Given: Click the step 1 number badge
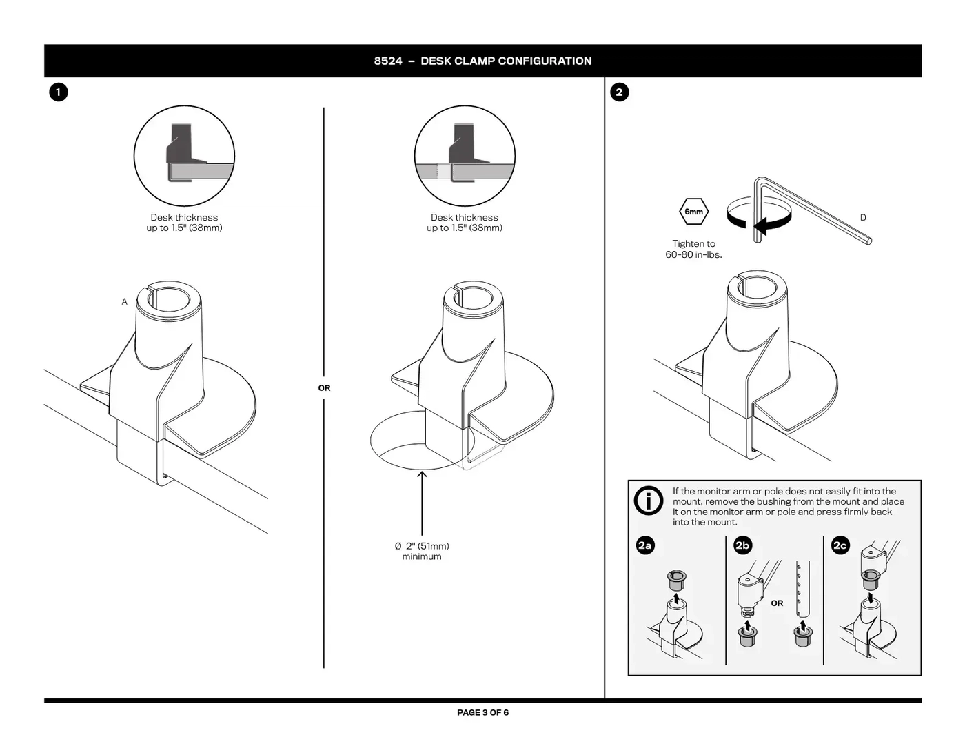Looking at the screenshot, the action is [x=58, y=92].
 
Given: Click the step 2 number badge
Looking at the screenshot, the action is [x=619, y=92].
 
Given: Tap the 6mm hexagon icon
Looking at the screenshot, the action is [x=693, y=212].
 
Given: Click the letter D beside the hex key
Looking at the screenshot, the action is [x=863, y=218].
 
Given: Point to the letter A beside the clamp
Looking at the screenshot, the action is [x=124, y=301].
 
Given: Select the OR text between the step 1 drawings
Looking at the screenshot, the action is [x=324, y=388].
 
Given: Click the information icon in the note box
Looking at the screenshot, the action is [x=649, y=501].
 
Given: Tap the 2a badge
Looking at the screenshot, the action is [x=644, y=545].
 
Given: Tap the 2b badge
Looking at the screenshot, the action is [x=742, y=545].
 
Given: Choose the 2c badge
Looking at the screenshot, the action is [x=840, y=545].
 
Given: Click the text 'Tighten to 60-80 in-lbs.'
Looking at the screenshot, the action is [x=693, y=249].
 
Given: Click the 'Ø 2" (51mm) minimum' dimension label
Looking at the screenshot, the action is [x=422, y=551].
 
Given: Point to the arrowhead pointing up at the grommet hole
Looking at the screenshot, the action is [x=422, y=474].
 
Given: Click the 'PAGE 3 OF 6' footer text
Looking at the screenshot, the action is [x=482, y=712].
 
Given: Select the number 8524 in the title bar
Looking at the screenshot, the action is [x=388, y=61].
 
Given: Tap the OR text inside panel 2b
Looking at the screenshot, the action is [x=777, y=603].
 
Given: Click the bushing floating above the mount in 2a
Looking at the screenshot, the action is [x=677, y=580].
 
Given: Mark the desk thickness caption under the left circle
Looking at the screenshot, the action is [x=184, y=223].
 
